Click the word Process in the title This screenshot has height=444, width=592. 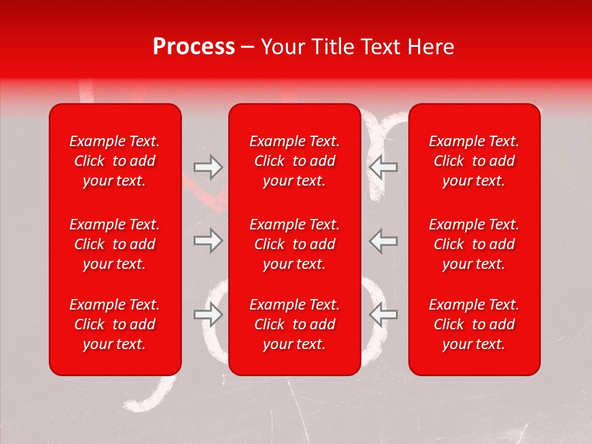(194, 47)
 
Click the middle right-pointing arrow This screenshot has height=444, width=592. (208, 240)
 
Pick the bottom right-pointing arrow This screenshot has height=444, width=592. (208, 314)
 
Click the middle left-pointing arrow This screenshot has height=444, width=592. (384, 240)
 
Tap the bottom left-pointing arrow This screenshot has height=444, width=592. (384, 314)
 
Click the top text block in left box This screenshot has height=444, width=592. (115, 161)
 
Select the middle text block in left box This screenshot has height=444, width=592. (115, 244)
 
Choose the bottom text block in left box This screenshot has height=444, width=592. (115, 324)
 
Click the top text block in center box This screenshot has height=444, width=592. (295, 161)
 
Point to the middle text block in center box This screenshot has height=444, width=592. (295, 244)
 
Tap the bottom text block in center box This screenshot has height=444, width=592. (295, 324)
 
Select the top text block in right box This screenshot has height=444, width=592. (474, 161)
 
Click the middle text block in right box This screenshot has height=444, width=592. (474, 244)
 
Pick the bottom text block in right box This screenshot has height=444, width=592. (474, 324)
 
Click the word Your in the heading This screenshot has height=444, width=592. (284, 47)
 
